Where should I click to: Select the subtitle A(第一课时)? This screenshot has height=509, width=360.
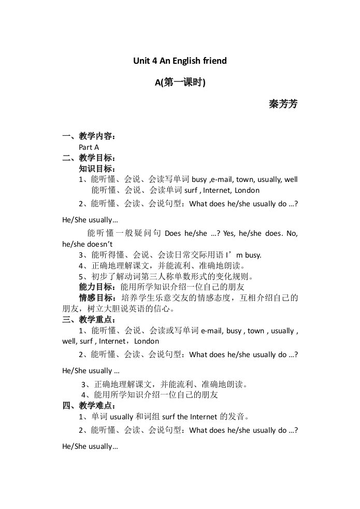[x=180, y=82]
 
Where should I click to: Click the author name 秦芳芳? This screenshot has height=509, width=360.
[x=283, y=104]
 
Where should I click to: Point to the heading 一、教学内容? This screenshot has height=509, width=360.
[x=89, y=137]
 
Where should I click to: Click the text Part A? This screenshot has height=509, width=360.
[x=89, y=147]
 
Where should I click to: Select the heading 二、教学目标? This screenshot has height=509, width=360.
[x=89, y=158]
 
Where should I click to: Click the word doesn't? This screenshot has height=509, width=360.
[x=101, y=244]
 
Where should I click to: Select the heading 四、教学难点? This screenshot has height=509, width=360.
[x=89, y=405]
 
